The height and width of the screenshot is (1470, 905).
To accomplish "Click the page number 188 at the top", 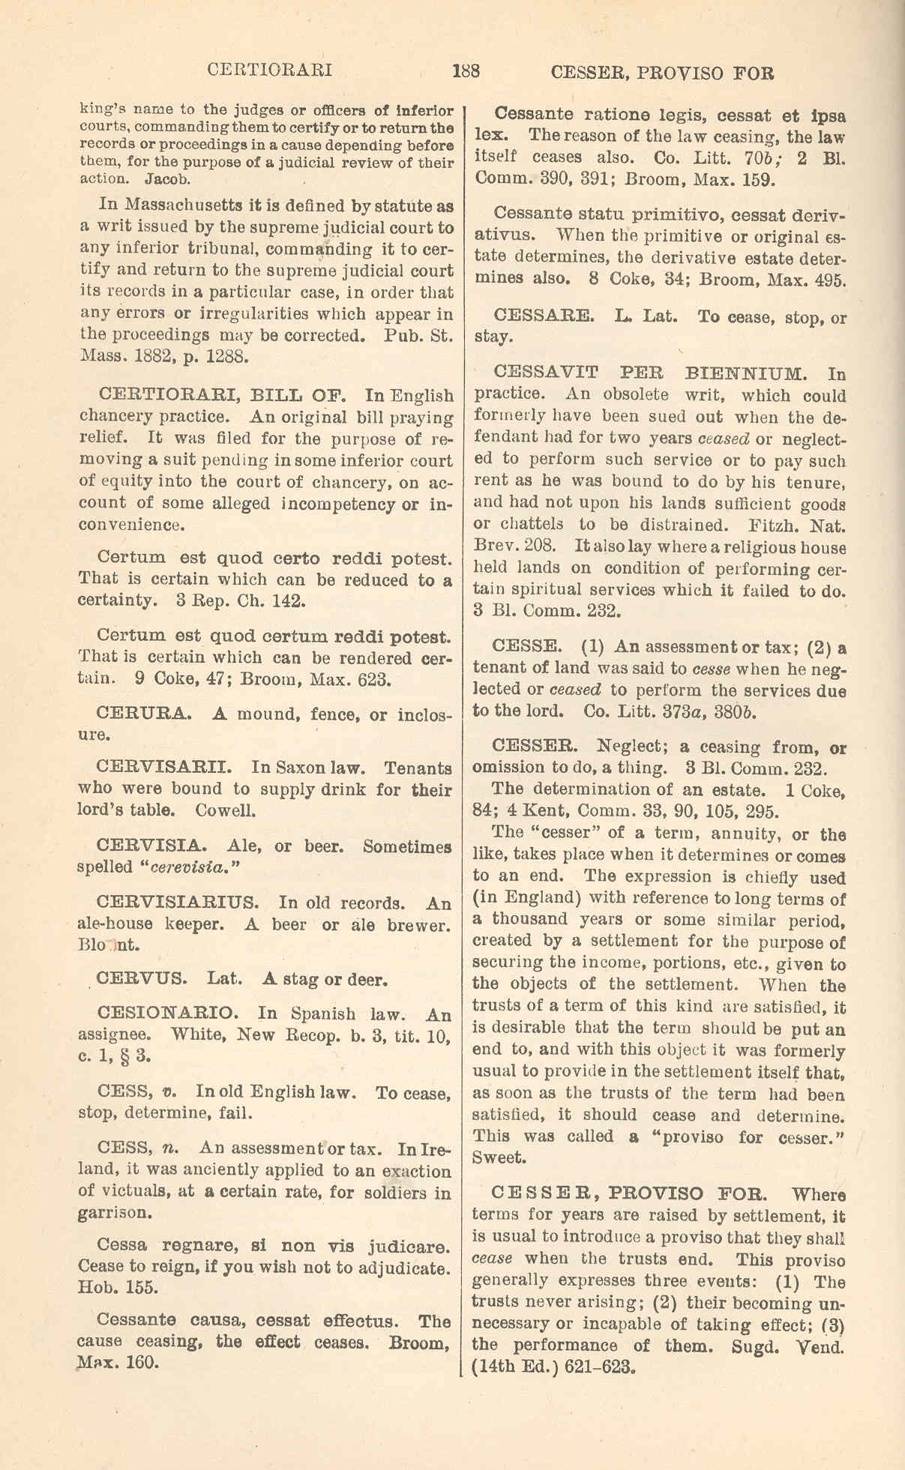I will [466, 72].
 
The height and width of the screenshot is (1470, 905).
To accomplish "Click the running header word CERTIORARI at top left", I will [269, 71].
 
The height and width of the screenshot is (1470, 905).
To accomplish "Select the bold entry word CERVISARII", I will [163, 768].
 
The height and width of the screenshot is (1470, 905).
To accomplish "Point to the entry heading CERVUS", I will [143, 980].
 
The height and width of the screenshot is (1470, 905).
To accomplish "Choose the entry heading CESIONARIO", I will [168, 1013].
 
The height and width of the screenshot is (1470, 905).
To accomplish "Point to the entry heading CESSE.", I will [525, 646].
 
